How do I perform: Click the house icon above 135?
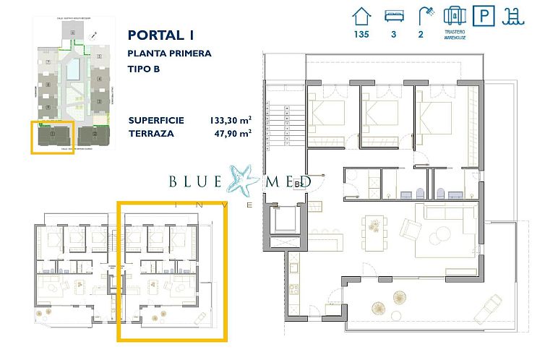[361, 17]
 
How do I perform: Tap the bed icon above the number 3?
[394, 17]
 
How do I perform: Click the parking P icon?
[481, 17]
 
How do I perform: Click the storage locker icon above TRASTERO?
[453, 17]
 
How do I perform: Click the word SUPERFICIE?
[155, 120]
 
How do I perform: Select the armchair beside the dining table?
[410, 230]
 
